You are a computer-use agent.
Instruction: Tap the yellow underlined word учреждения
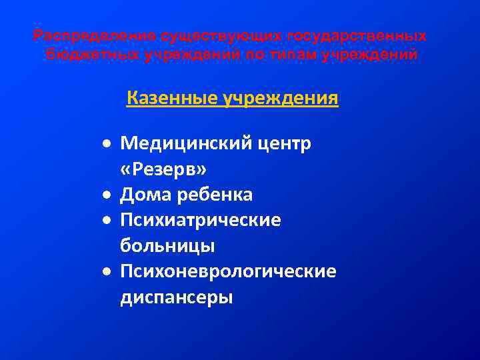click(283, 99)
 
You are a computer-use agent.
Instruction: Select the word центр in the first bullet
click(283, 143)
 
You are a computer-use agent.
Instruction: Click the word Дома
click(145, 195)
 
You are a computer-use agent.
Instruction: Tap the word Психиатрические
click(200, 220)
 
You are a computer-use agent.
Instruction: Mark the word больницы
click(167, 246)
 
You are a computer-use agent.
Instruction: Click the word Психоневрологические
click(228, 271)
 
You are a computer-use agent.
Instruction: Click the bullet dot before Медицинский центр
click(107, 144)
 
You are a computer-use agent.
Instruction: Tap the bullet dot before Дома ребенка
click(107, 195)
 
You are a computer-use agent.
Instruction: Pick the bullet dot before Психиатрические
click(107, 221)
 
